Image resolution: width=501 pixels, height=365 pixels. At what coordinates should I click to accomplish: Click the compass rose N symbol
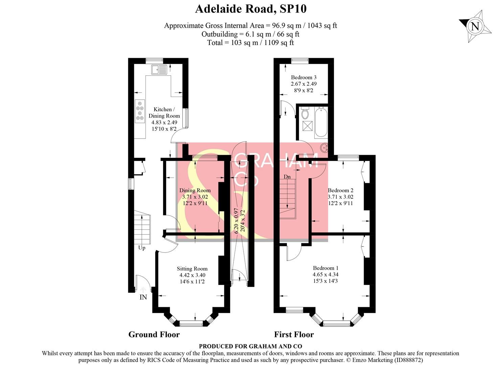click(x=475, y=26)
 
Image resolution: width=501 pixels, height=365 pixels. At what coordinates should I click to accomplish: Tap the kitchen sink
click(x=159, y=70)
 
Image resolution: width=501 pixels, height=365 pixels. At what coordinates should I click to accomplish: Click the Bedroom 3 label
click(x=304, y=77)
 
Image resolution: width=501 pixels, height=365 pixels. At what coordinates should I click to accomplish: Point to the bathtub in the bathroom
click(x=320, y=122)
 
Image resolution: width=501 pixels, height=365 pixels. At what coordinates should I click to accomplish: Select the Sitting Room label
click(x=192, y=269)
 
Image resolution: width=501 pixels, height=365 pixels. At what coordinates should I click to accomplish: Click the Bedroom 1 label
click(x=325, y=268)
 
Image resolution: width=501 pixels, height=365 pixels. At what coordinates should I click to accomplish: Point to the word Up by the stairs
click(x=142, y=248)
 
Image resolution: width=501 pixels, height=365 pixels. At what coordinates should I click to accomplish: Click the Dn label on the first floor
click(x=287, y=177)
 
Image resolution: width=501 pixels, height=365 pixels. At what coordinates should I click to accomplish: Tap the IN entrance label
click(x=143, y=297)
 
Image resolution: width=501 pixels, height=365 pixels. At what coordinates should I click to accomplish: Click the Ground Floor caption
click(x=154, y=335)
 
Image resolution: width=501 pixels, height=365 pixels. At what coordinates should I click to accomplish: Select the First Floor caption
click(x=294, y=335)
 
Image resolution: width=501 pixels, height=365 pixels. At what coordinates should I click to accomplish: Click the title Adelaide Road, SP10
click(x=251, y=9)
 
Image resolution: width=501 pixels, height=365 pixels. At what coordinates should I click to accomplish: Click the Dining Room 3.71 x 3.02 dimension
click(x=195, y=197)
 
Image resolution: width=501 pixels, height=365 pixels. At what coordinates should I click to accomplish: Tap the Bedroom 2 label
click(x=340, y=190)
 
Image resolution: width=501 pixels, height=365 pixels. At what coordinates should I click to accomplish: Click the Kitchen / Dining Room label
click(x=164, y=113)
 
